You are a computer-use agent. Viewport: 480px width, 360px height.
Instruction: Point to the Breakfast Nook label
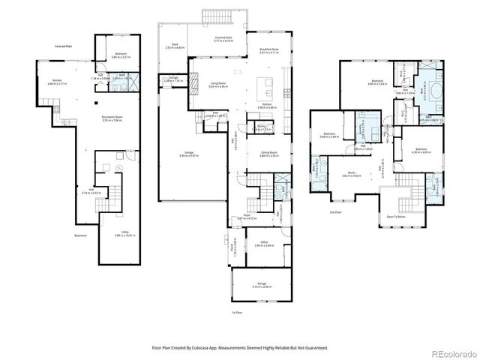coord(268,51)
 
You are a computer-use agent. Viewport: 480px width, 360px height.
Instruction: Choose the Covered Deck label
coord(223,39)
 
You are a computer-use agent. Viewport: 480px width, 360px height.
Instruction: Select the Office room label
coord(264,244)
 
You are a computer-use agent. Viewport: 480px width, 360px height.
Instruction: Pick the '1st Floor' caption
coord(238,311)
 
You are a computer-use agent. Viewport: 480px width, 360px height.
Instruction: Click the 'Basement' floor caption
coord(81,235)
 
